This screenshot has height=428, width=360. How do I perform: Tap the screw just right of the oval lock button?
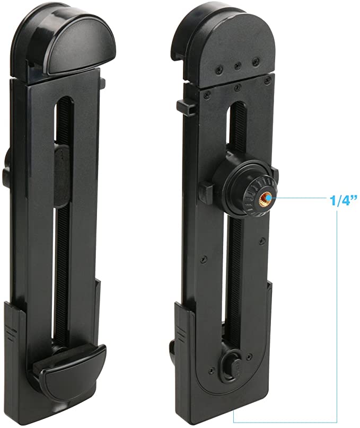(x=249, y=357)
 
